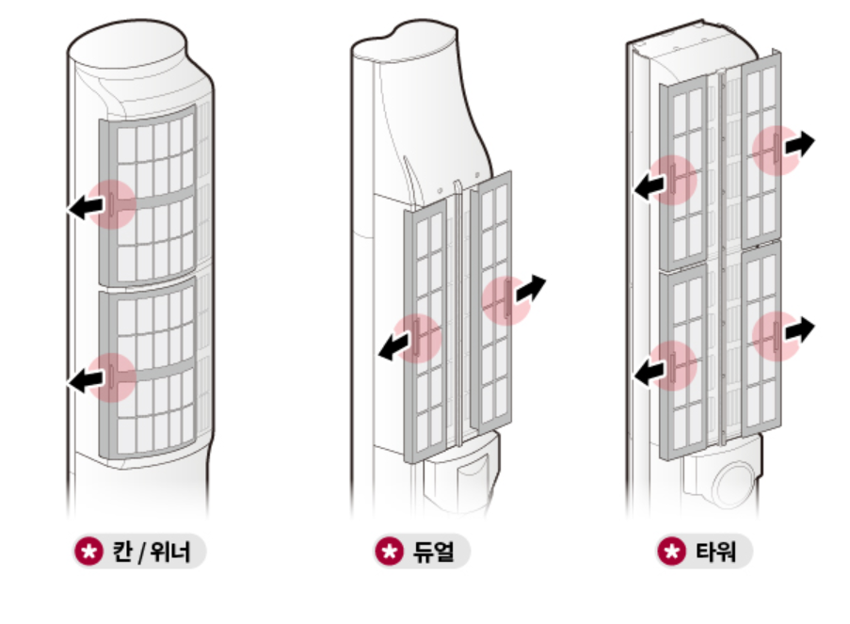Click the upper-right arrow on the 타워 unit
coord(800,144)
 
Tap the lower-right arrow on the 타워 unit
coord(800,328)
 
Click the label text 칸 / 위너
coord(152,552)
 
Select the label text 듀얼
coord(433,552)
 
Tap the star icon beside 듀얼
coord(387,552)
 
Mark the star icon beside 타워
coord(669,552)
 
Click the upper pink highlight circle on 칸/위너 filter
coord(113,204)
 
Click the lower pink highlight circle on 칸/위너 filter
coord(113,376)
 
